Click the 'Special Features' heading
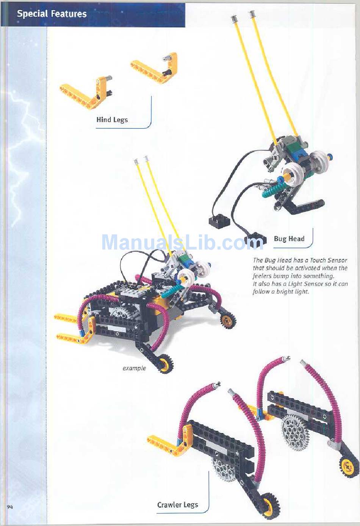click(52, 14)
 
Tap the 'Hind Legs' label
click(112, 120)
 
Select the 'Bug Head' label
click(289, 239)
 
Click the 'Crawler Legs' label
click(178, 505)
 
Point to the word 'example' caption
click(134, 368)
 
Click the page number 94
click(10, 507)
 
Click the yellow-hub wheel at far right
click(348, 467)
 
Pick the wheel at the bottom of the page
click(269, 506)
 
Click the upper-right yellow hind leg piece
click(155, 68)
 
